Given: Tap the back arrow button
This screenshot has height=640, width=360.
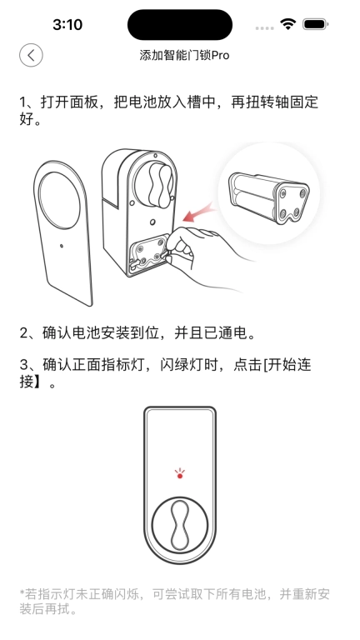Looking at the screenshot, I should pyautogui.click(x=31, y=56).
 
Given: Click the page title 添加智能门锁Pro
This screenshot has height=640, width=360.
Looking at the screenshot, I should pyautogui.click(x=184, y=56).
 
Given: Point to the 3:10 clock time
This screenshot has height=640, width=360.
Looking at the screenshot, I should pyautogui.click(x=67, y=25).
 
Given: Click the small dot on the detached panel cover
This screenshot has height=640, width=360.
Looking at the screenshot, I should pyautogui.click(x=62, y=246).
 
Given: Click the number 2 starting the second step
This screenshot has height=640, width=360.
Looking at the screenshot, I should pyautogui.click(x=24, y=333).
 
